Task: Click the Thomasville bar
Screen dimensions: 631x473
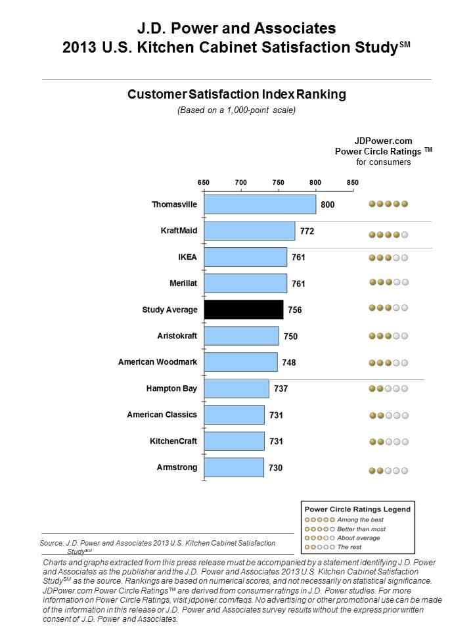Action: pyautogui.click(x=260, y=204)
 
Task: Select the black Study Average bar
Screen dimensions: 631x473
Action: pyautogui.click(x=244, y=310)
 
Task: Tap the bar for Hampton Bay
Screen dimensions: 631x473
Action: pyautogui.click(x=236, y=388)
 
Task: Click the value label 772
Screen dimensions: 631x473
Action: pyautogui.click(x=307, y=231)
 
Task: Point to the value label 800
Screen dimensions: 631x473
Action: pyautogui.click(x=327, y=205)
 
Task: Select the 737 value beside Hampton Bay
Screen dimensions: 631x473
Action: pyautogui.click(x=280, y=389)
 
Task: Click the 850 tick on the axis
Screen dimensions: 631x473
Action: pyautogui.click(x=353, y=182)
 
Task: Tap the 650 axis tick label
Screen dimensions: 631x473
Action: pyautogui.click(x=204, y=182)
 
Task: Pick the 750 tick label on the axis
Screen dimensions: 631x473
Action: pyautogui.click(x=278, y=182)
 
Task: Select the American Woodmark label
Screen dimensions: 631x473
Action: pyautogui.click(x=158, y=362)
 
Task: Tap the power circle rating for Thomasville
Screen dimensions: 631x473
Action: pyautogui.click(x=388, y=204)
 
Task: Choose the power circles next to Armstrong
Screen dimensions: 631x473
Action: pyautogui.click(x=388, y=471)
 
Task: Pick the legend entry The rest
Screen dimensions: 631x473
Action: pyautogui.click(x=349, y=547)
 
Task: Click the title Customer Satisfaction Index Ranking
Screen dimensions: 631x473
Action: pyautogui.click(x=236, y=95)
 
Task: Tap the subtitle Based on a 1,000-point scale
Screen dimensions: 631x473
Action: pyautogui.click(x=236, y=110)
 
